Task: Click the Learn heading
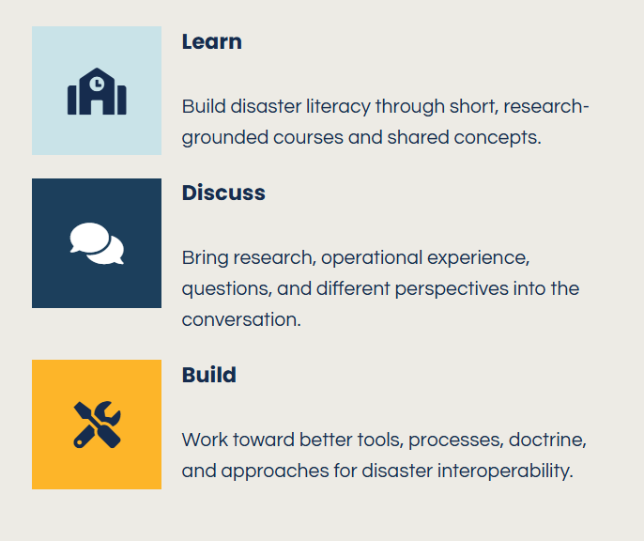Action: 212,42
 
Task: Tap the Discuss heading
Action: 223,193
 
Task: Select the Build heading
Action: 209,375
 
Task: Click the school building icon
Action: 97,91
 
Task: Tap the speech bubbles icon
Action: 97,243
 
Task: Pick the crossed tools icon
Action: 97,425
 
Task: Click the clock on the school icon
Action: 97,84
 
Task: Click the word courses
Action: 308,138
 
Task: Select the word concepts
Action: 498,138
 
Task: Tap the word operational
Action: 372,258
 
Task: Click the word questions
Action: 227,289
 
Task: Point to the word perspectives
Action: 452,289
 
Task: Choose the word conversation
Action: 241,319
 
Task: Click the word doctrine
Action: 547,440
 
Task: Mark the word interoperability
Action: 505,471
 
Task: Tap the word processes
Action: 456,441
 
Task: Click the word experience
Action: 479,258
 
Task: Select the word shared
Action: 418,138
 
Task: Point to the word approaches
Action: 275,471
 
